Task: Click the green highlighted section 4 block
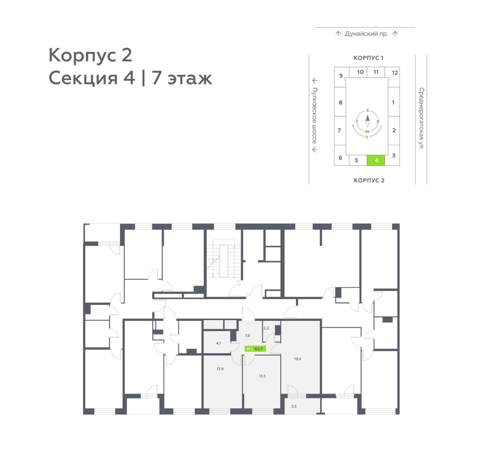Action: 376,160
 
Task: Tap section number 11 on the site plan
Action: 376,72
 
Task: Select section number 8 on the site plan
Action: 340,102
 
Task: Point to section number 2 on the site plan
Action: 394,130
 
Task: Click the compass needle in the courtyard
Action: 367,121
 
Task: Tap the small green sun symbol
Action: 367,137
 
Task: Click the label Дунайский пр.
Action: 366,34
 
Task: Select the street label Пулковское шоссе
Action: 314,115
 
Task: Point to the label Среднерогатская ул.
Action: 421,119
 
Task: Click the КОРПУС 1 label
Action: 368,58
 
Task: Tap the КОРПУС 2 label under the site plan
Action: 369,181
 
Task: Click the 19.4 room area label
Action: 298,359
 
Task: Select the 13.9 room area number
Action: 220,369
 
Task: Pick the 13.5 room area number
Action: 262,376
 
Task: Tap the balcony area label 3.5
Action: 294,407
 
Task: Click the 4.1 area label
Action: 218,343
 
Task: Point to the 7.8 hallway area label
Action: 247,336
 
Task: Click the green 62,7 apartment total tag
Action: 255,349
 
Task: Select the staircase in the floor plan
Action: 224,261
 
